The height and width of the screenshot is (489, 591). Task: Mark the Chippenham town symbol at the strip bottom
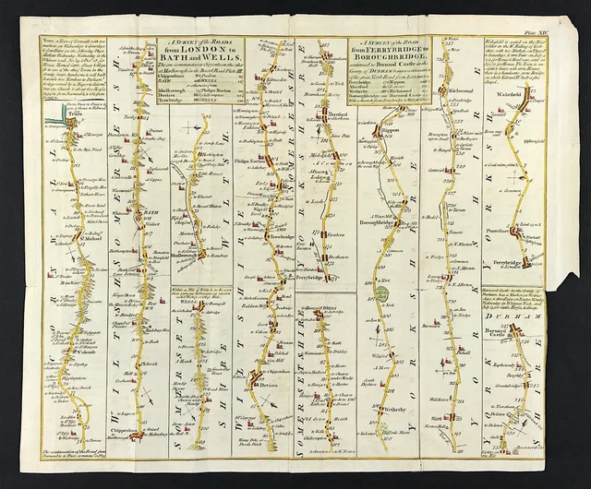tap(139, 434)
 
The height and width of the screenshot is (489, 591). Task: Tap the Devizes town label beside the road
tap(269, 379)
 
